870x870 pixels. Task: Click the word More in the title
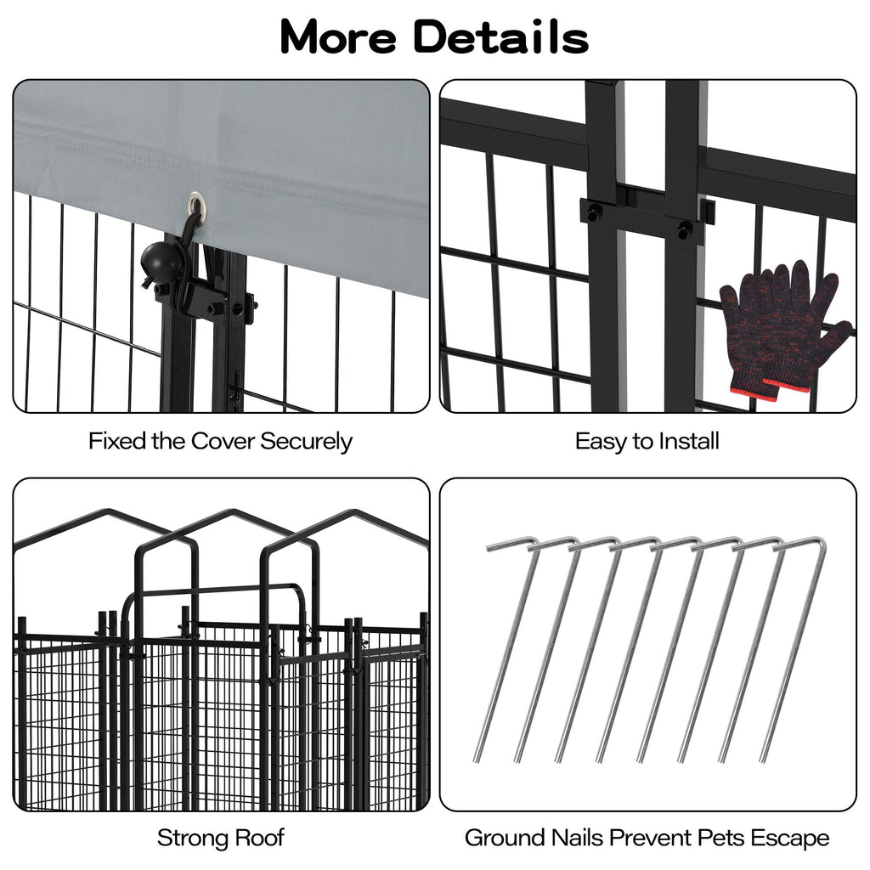pyautogui.click(x=338, y=37)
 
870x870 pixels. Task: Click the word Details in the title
pyautogui.click(x=501, y=37)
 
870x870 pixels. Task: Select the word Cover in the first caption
pyautogui.click(x=223, y=442)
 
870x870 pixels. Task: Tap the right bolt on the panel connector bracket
pyautogui.click(x=686, y=228)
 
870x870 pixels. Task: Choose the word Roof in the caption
pyautogui.click(x=257, y=838)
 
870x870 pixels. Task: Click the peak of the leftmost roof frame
pyautogui.click(x=110, y=510)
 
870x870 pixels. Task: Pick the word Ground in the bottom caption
pyautogui.click(x=506, y=838)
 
